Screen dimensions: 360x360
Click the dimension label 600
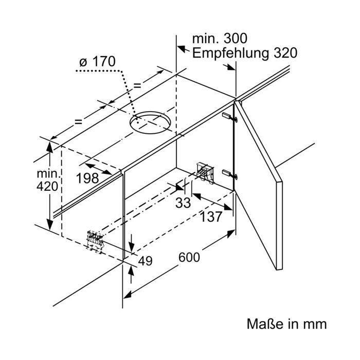click(x=189, y=257)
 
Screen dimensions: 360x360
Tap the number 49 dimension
click(x=145, y=261)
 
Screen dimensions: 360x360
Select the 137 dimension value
click(x=211, y=217)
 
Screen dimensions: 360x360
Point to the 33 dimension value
click(x=183, y=203)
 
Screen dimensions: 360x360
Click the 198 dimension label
click(x=87, y=178)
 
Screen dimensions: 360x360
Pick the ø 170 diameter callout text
click(x=97, y=62)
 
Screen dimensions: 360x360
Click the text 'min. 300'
click(x=220, y=39)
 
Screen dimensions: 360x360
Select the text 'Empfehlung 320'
click(x=245, y=53)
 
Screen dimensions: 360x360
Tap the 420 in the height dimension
click(x=47, y=186)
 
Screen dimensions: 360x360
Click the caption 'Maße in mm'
click(x=286, y=324)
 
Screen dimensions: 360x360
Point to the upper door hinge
click(x=230, y=117)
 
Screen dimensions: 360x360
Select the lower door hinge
click(x=230, y=174)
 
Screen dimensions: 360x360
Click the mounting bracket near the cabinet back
click(x=205, y=172)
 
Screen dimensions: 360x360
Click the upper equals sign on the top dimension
click(x=137, y=86)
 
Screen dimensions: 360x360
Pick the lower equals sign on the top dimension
click(x=78, y=122)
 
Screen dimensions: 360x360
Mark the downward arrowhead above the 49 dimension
click(x=132, y=247)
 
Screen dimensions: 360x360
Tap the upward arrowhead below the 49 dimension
click(x=131, y=271)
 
